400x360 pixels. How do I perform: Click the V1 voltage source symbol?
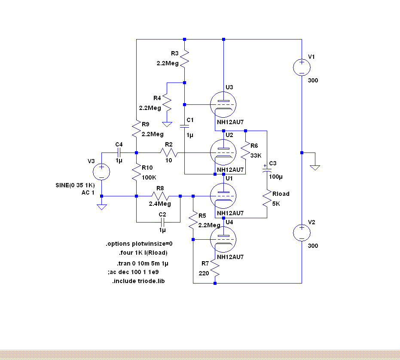point(302,67)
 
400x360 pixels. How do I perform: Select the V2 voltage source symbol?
point(302,232)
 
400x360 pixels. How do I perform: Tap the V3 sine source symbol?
point(101,172)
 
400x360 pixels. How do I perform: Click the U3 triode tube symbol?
point(223,105)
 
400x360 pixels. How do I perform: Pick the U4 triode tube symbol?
point(223,240)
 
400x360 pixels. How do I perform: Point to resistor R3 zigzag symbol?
point(184,58)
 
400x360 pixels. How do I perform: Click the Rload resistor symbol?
point(267,199)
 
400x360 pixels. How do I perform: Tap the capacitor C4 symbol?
point(119,153)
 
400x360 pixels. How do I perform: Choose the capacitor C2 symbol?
point(162,222)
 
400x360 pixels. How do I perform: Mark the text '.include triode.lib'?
point(138,281)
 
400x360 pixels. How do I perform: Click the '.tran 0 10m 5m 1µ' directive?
point(140,263)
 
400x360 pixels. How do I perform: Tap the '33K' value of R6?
point(256,156)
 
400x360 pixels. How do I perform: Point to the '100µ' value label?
point(276,177)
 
